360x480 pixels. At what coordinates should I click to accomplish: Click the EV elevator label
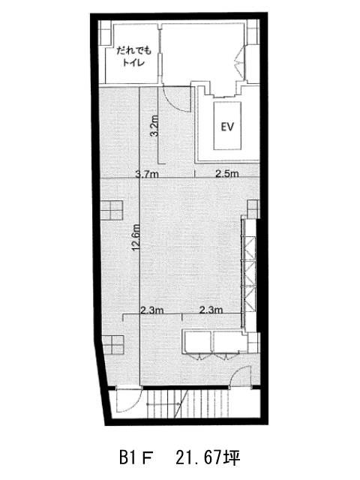point(227,127)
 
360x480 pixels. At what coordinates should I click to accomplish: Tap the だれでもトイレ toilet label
point(133,56)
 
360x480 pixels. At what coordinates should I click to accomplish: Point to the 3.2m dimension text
point(154,125)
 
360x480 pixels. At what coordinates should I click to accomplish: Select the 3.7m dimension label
point(147,174)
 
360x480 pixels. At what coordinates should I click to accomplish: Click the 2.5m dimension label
point(226,174)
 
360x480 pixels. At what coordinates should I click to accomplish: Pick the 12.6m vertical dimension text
point(136,237)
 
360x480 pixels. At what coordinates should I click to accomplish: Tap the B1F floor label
point(136,458)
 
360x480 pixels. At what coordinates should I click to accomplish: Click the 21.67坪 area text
point(208,458)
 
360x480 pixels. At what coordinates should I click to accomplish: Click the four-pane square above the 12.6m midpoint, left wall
point(112,210)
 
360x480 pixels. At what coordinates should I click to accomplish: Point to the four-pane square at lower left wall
point(113,345)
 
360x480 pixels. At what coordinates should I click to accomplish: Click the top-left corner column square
point(103,33)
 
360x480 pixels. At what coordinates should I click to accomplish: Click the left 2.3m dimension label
point(151,310)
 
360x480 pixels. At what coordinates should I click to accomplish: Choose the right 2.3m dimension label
point(211,310)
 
